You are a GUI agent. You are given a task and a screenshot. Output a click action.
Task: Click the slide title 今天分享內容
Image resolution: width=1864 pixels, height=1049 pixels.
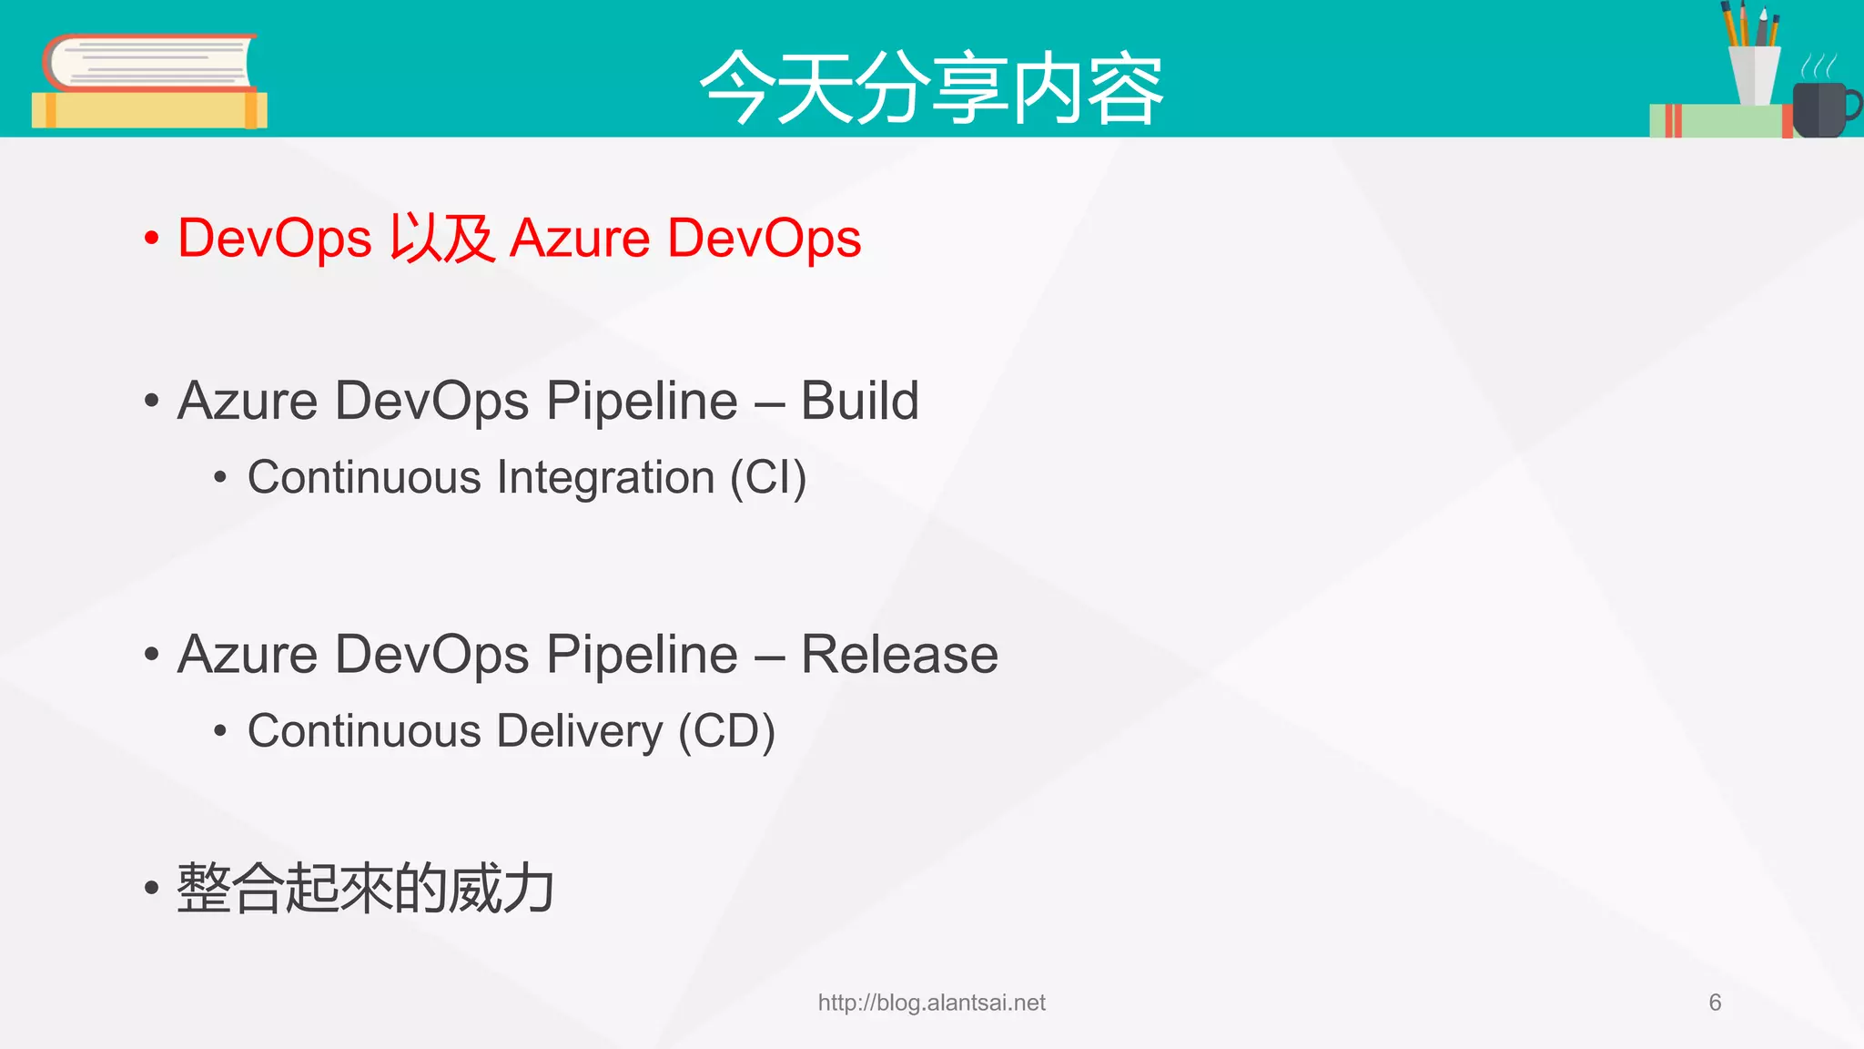tap(931, 88)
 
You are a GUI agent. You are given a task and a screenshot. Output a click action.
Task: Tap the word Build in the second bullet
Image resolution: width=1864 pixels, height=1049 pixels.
tap(859, 401)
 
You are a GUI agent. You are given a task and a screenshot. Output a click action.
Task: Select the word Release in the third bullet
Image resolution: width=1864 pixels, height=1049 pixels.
tap(898, 654)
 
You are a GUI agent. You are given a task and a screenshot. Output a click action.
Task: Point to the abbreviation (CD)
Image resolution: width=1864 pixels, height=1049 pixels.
tap(726, 731)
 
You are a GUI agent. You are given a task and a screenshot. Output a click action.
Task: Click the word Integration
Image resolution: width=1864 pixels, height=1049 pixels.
tap(605, 478)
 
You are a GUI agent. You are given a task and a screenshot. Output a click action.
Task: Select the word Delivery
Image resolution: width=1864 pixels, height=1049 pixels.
tap(580, 731)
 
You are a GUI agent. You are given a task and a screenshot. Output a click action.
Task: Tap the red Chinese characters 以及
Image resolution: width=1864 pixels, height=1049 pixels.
tap(441, 239)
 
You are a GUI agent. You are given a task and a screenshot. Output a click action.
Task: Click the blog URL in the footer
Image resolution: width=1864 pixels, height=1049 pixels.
tap(931, 1003)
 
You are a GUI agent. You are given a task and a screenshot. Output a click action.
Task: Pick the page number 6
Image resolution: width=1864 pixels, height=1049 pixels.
tap(1715, 1003)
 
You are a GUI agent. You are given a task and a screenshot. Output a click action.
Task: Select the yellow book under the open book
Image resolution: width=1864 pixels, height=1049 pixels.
tap(148, 110)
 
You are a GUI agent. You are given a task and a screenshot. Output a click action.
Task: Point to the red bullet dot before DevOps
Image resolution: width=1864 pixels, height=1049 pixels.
tap(152, 239)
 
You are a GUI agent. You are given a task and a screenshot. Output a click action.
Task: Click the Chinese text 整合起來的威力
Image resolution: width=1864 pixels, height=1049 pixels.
tap(365, 888)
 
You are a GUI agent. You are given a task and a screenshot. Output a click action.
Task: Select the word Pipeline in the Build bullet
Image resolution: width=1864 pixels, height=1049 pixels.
tap(642, 401)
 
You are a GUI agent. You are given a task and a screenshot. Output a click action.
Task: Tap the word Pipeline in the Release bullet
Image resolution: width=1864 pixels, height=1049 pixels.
tap(642, 654)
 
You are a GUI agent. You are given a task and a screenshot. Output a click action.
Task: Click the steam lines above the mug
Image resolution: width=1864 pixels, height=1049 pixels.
tap(1818, 66)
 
